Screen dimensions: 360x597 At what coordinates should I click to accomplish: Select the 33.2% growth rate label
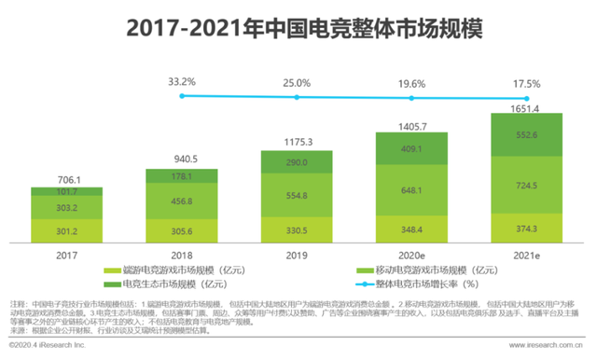(x=181, y=82)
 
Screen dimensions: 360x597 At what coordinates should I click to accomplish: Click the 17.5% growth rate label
(x=525, y=83)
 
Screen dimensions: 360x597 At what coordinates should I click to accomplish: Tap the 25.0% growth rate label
(x=296, y=83)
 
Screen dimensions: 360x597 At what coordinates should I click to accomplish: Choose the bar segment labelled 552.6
(x=525, y=135)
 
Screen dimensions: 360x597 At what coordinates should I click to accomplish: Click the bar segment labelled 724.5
(x=525, y=186)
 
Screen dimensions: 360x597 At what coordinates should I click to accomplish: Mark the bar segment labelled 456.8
(x=181, y=201)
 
